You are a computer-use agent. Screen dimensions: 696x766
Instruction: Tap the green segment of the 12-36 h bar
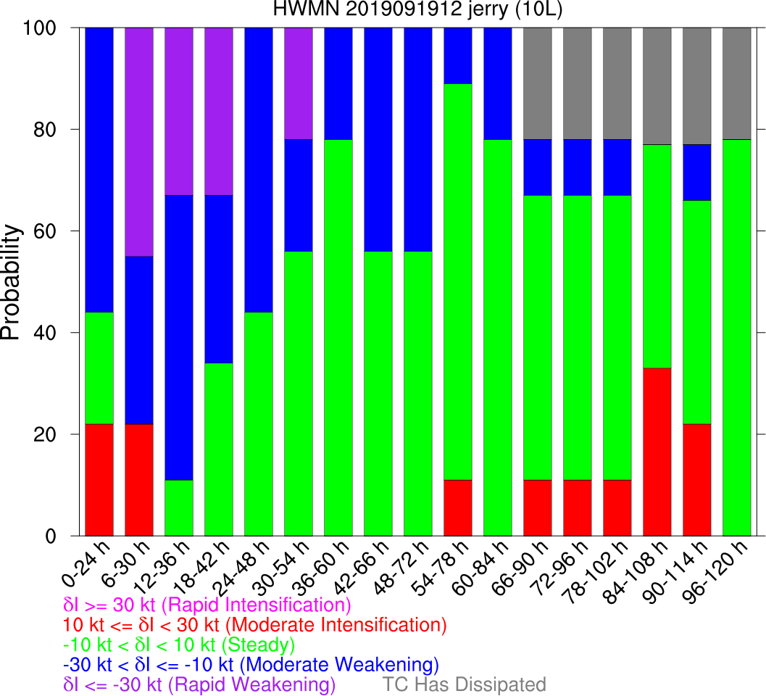(179, 507)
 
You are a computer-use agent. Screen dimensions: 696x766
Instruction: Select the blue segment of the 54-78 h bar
(458, 56)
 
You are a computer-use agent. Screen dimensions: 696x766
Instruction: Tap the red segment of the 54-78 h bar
(458, 507)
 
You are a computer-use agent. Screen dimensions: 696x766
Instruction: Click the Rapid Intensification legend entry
(207, 605)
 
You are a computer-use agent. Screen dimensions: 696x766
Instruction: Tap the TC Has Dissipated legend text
(464, 684)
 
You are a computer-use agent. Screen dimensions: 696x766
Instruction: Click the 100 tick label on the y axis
(48, 28)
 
